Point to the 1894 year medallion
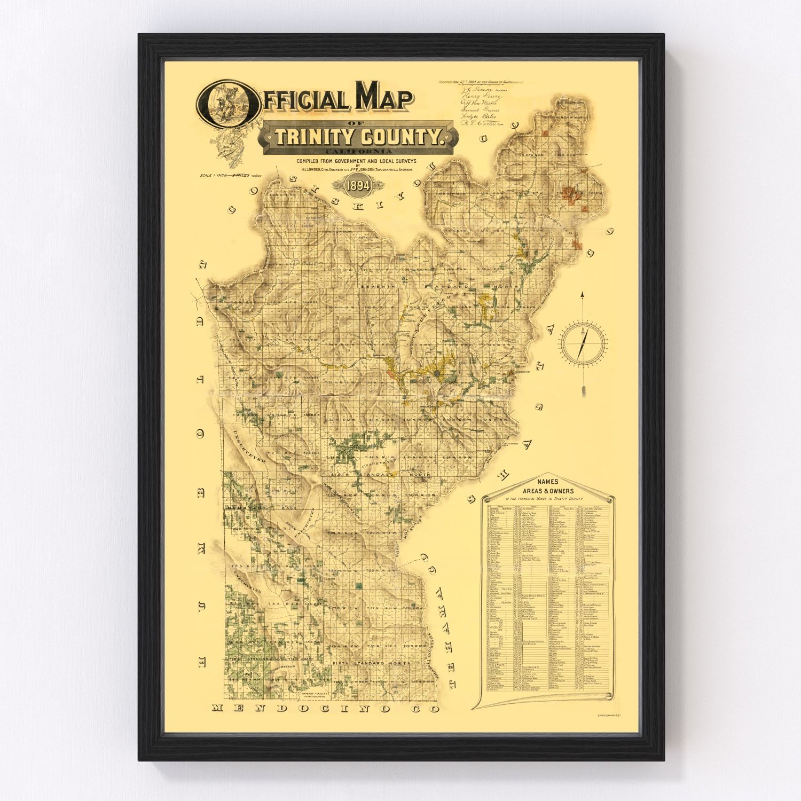pyautogui.click(x=358, y=185)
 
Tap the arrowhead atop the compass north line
pyautogui.click(x=583, y=294)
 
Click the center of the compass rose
pyautogui.click(x=583, y=341)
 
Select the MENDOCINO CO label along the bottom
pyautogui.click(x=325, y=709)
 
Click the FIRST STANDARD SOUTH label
pyautogui.click(x=270, y=660)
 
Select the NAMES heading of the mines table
pyautogui.click(x=548, y=482)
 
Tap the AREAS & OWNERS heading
pyautogui.click(x=548, y=491)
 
